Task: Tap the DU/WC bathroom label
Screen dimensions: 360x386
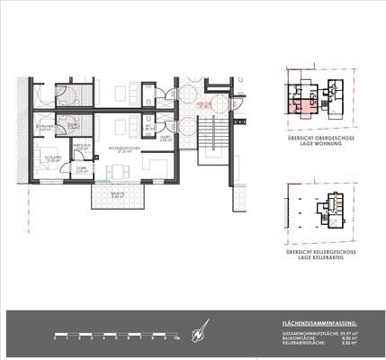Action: click(x=73, y=127)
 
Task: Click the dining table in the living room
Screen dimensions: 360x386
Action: click(x=132, y=94)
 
